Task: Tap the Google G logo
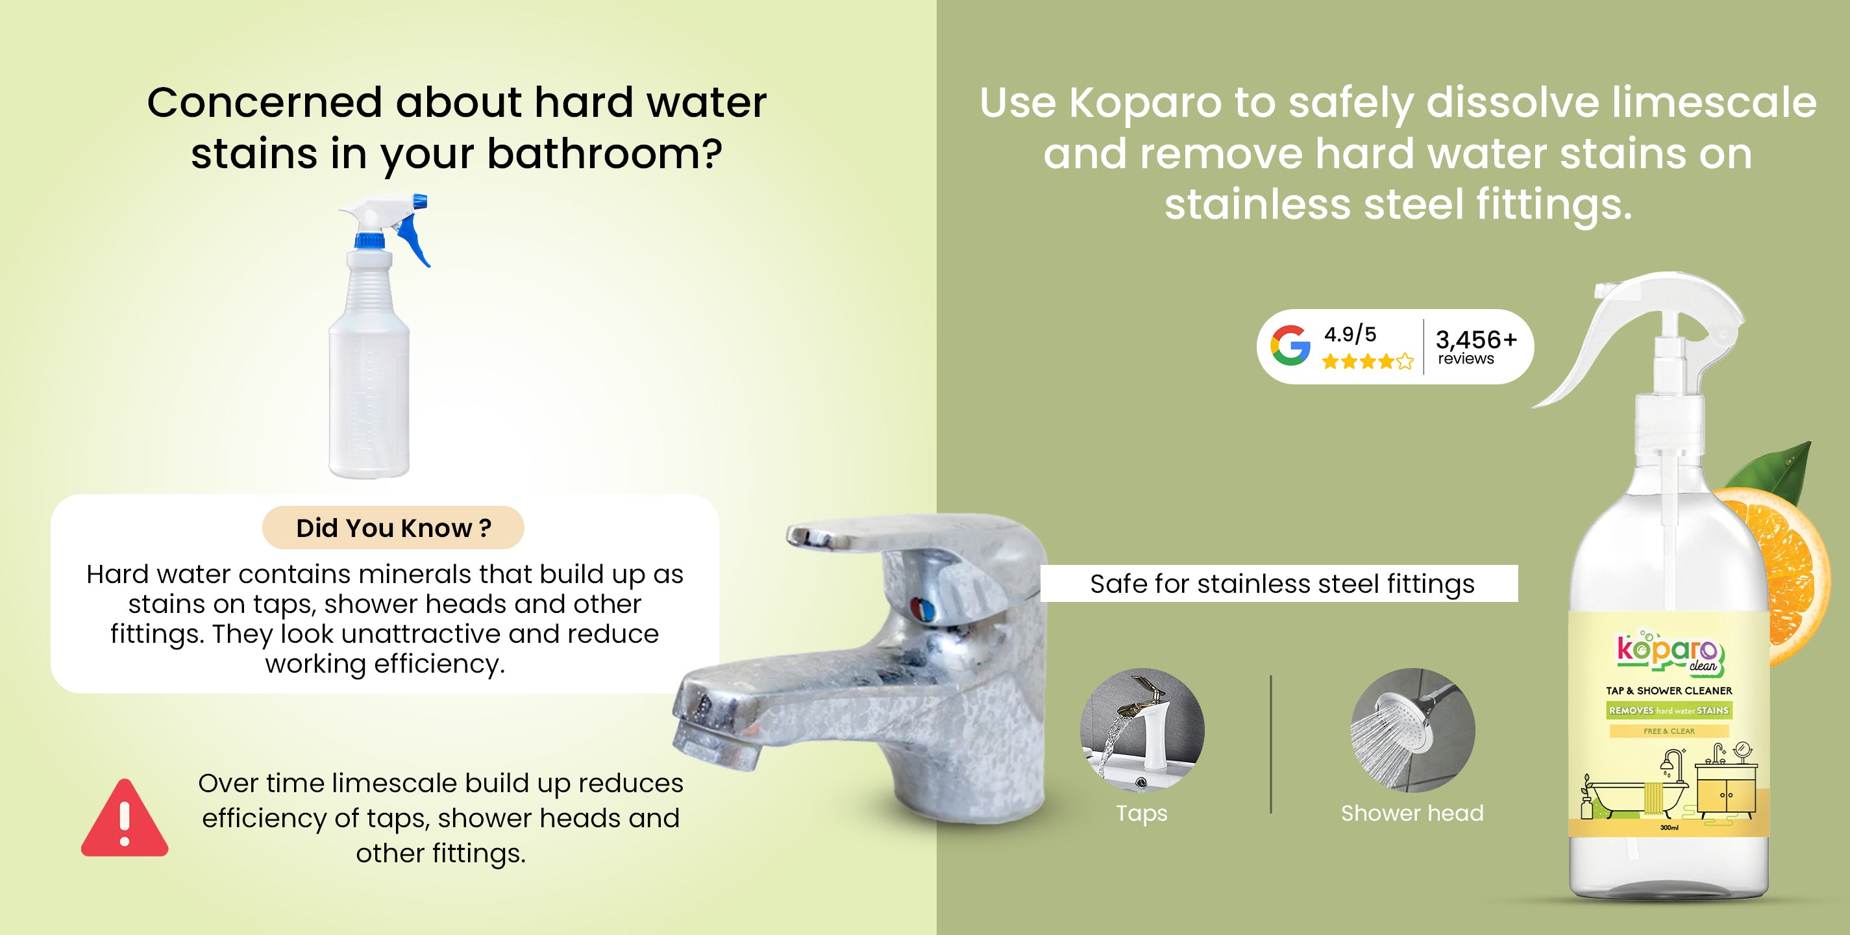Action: coord(1290,345)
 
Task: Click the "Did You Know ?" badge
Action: coord(393,528)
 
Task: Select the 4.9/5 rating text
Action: coord(1350,334)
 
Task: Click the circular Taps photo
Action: coord(1142,730)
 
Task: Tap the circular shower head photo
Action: coord(1412,730)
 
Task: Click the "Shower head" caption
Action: coord(1412,813)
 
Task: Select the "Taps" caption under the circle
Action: coord(1142,814)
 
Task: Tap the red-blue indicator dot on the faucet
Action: coord(923,609)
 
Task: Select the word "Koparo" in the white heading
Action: coord(1145,103)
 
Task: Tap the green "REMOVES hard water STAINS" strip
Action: coord(1669,710)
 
